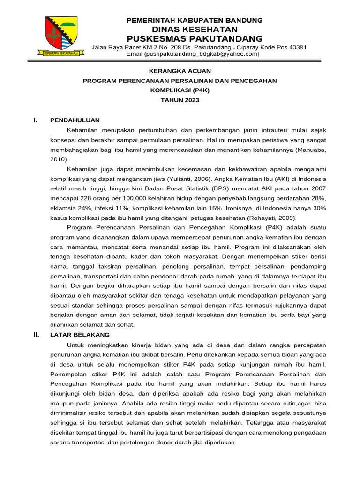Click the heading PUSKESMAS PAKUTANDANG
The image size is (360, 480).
point(195,38)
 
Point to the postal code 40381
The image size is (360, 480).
point(297,47)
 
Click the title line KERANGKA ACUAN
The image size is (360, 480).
point(180,71)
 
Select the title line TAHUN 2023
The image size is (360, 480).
point(180,100)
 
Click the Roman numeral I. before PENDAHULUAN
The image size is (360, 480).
point(35,120)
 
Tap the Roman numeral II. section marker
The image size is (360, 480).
point(36,335)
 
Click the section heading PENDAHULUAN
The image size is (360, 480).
point(75,120)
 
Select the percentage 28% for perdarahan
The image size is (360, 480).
point(318,198)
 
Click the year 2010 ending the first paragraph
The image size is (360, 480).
point(58,159)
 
